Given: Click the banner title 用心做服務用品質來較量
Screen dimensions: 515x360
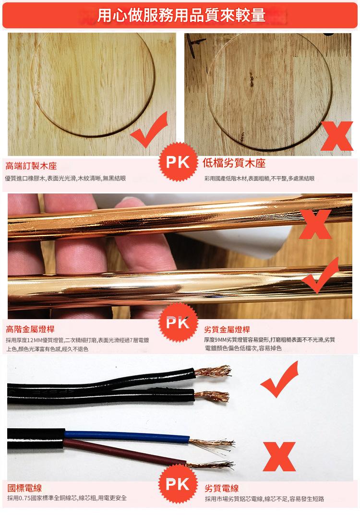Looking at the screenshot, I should [180, 15].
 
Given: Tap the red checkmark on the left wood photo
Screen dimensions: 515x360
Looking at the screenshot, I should [151, 130].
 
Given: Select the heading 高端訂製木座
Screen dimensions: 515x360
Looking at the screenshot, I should [31, 166].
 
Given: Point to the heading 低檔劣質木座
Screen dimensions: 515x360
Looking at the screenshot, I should [234, 163].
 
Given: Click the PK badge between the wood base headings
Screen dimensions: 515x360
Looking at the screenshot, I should [178, 162].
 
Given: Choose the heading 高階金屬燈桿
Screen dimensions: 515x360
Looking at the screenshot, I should [30, 329].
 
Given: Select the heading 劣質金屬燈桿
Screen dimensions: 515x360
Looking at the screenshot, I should [227, 329].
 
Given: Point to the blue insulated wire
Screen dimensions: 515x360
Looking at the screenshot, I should [125, 436].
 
